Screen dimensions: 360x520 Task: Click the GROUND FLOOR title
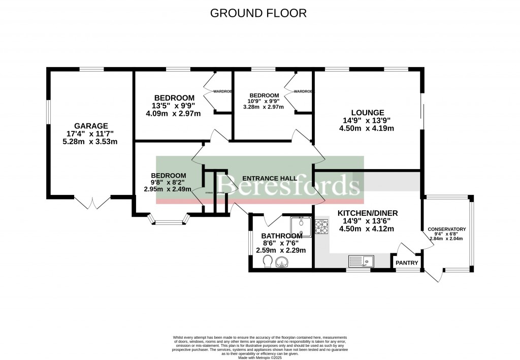tap(259, 13)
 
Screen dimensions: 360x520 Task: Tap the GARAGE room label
tap(91, 126)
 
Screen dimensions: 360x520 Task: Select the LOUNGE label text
tap(367, 112)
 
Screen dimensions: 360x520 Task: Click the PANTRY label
tap(407, 263)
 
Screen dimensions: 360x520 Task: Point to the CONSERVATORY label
tap(446, 230)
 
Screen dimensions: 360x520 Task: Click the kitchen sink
tap(361, 261)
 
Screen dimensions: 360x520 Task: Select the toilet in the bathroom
tap(268, 261)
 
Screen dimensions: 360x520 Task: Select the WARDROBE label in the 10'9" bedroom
tap(303, 91)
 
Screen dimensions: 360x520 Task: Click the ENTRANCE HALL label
tap(270, 178)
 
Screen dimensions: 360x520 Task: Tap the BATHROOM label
tap(282, 236)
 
